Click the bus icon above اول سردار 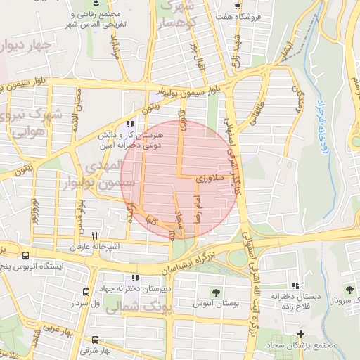click(86, 292)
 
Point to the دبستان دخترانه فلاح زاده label click(299, 301)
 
